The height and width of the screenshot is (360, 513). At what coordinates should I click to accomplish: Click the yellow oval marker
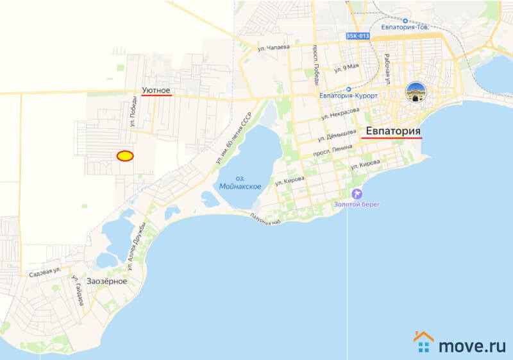[x=124, y=155]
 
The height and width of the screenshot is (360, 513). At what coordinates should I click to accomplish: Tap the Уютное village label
[x=156, y=90]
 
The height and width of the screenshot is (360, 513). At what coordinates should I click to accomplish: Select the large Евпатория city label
[x=392, y=132]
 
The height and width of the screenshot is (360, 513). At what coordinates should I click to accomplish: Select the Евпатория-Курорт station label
[x=346, y=95]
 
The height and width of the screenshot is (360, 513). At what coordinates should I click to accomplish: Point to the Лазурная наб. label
[x=267, y=220]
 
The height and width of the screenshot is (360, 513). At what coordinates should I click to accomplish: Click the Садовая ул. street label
[x=45, y=273]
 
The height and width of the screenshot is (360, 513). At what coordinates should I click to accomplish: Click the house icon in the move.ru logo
[x=423, y=342]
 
